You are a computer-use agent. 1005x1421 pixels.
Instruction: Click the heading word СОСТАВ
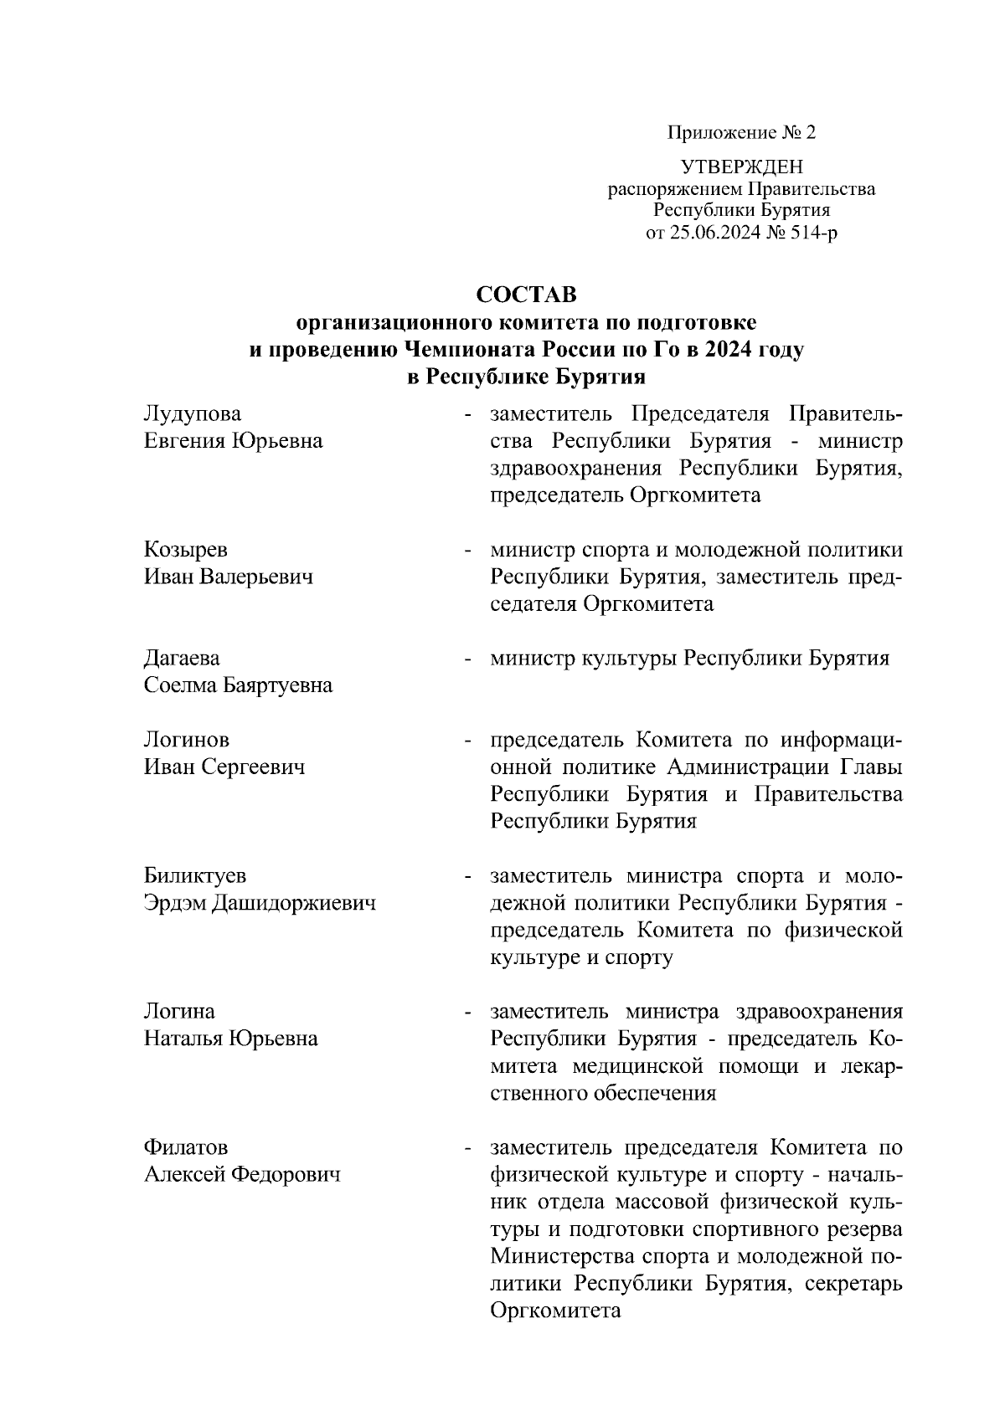pyautogui.click(x=526, y=295)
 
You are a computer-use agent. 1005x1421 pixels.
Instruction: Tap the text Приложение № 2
pyautogui.click(x=741, y=133)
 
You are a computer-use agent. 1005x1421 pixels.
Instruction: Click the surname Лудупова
pyautogui.click(x=193, y=413)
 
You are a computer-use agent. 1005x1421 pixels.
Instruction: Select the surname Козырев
pyautogui.click(x=186, y=550)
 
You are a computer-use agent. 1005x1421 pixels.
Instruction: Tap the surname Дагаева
pyautogui.click(x=182, y=659)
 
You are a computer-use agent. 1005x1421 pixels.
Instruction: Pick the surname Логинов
pyautogui.click(x=187, y=740)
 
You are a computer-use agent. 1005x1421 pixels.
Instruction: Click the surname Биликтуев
pyautogui.click(x=195, y=876)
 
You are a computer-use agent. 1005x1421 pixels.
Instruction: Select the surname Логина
pyautogui.click(x=179, y=1012)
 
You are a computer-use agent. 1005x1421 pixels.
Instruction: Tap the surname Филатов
pyautogui.click(x=186, y=1147)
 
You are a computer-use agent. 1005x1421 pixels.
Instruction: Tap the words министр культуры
pyautogui.click(x=584, y=659)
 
